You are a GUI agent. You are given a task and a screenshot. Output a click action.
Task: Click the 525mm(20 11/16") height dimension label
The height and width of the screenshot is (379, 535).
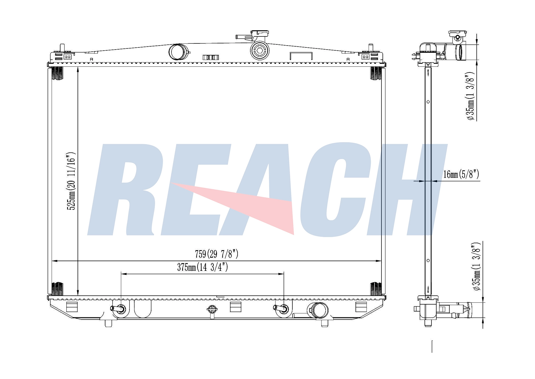tap(71, 181)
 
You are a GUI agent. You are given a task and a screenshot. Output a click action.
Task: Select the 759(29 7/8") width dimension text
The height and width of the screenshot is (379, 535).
tap(216, 254)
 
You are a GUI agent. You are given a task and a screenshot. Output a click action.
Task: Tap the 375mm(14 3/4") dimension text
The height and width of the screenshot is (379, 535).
tap(202, 267)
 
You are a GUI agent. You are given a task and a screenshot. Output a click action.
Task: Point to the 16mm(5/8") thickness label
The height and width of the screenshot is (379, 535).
tap(461, 174)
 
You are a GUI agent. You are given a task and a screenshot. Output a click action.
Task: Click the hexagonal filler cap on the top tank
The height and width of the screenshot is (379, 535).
tap(259, 50)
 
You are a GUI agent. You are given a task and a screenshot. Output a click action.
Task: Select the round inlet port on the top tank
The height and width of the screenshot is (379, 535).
tap(178, 52)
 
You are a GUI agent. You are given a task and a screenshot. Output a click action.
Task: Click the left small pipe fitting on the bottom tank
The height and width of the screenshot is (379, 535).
tap(119, 309)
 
